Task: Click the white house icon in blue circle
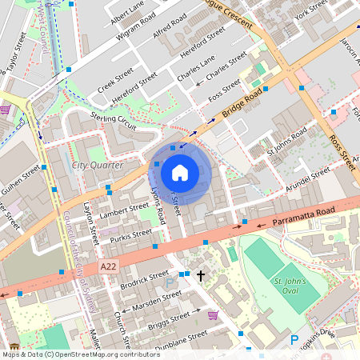(180, 172)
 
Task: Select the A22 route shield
(110, 266)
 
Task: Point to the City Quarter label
(98, 165)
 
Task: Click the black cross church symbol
(200, 274)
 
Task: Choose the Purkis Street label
(131, 235)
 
